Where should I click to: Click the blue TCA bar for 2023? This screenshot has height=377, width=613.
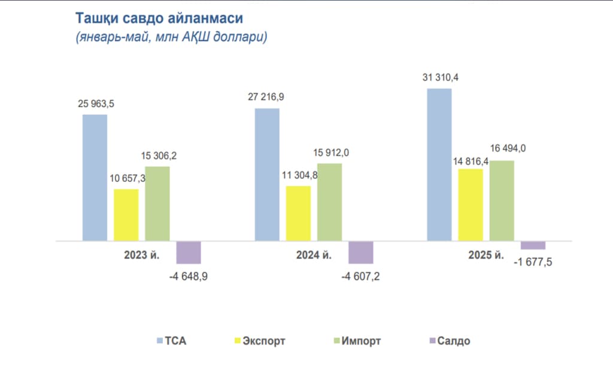tap(95, 178)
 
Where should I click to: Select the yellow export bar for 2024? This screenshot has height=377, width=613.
tap(298, 214)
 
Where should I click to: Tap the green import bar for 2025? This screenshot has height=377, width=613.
tap(502, 200)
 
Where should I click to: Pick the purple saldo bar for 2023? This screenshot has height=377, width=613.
tap(189, 253)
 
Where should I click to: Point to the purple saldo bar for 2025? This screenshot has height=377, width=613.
tap(533, 245)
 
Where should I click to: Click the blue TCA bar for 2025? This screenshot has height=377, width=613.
tap(439, 165)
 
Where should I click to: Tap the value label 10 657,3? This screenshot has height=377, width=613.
tap(126, 178)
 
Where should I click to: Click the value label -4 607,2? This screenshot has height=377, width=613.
tap(361, 276)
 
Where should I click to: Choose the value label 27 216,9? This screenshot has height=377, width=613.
tap(267, 96)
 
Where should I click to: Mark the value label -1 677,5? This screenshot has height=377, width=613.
tap(534, 262)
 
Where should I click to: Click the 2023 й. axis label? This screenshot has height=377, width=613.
tap(141, 256)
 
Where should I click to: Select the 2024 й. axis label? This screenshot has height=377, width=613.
tap(314, 256)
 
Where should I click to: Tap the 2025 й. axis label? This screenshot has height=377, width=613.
tap(486, 256)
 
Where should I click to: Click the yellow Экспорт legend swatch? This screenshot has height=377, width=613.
tap(237, 341)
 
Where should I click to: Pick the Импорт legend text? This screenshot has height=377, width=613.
tap(361, 341)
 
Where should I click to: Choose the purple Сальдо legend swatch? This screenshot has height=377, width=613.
tap(432, 341)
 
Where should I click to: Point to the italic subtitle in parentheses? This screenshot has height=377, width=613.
tap(171, 37)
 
